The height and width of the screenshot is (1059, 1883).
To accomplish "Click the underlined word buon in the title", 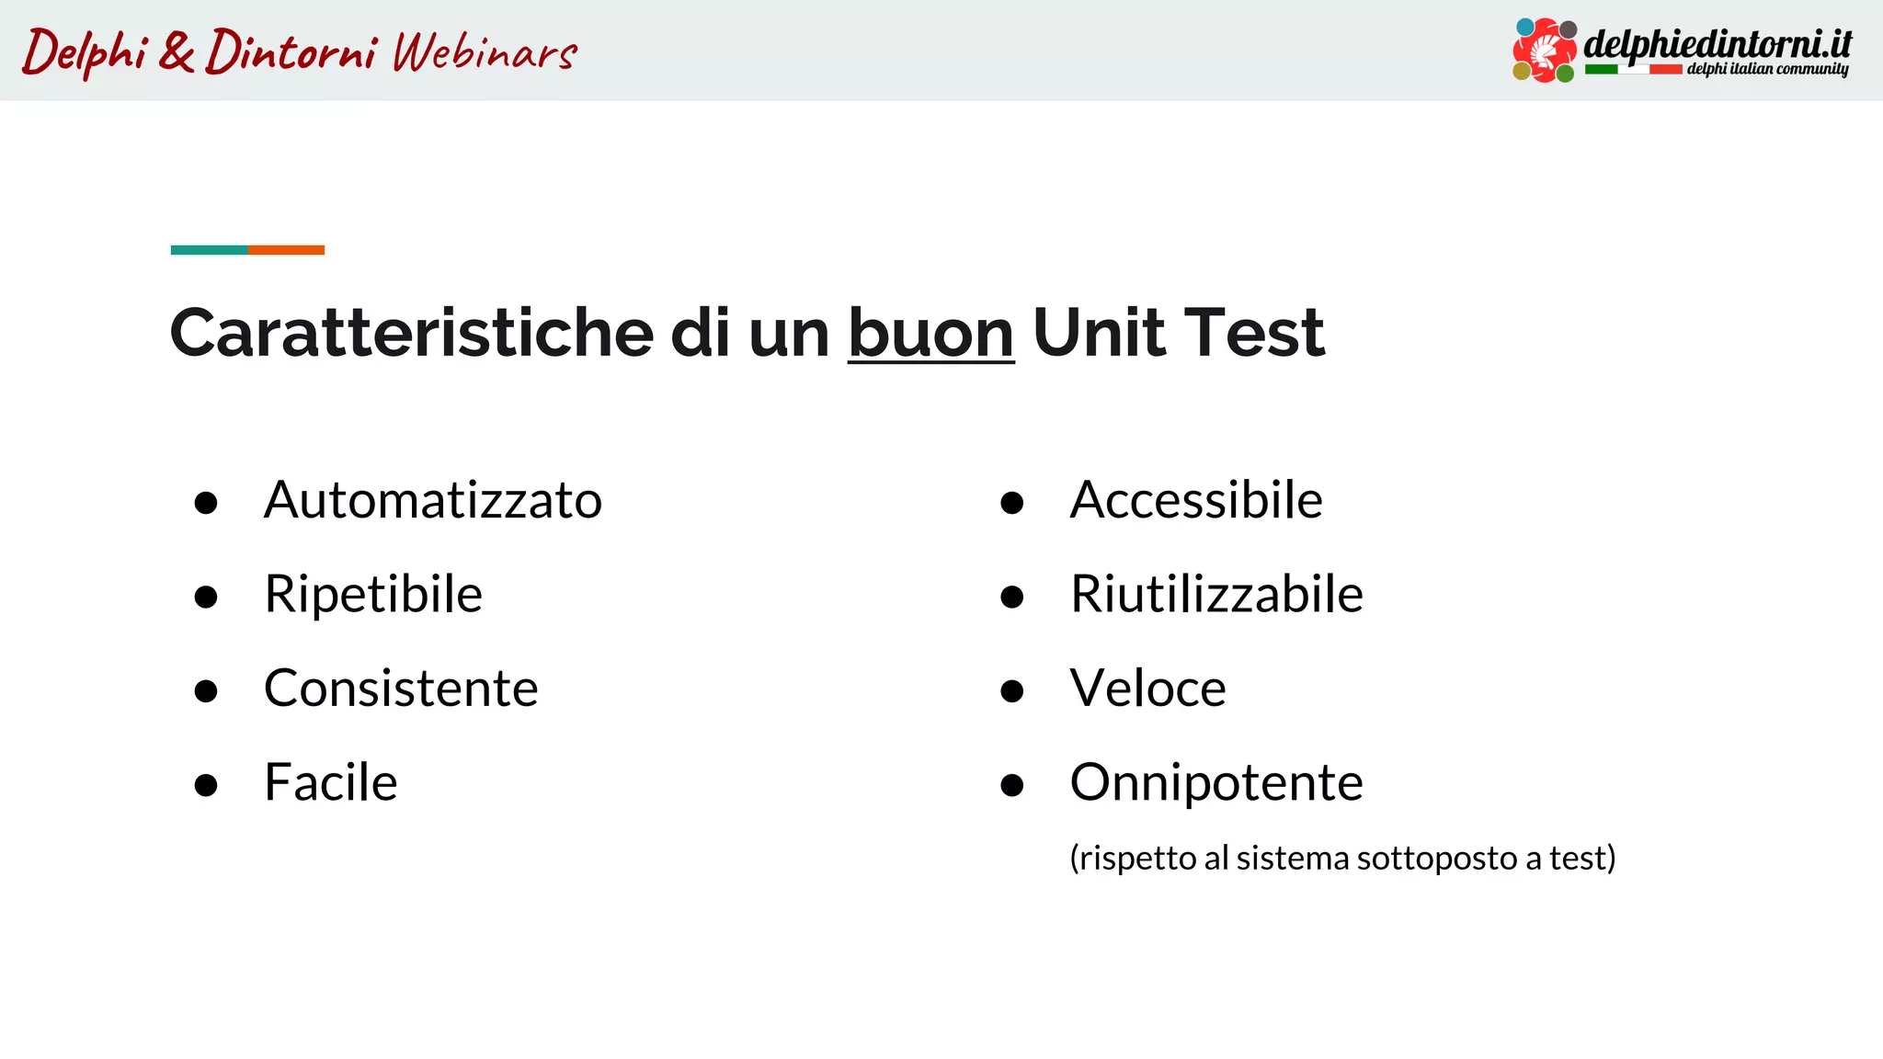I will click(930, 333).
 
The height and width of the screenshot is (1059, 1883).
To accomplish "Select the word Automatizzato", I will click(433, 501).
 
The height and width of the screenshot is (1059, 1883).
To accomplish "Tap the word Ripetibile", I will click(373, 595).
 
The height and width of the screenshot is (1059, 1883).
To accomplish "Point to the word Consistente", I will click(401, 689).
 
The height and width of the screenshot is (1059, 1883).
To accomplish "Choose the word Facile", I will click(331, 783).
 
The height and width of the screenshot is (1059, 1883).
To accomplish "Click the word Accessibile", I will click(1196, 501).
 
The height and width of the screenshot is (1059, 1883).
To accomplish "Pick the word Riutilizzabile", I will click(1216, 595).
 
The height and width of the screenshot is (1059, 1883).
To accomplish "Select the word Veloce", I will click(1147, 689).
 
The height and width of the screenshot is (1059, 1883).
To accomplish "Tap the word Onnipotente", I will click(1216, 783).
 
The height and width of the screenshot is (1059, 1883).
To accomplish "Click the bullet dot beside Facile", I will click(206, 785).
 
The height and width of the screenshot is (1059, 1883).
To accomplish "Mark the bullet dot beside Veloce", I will click(1012, 691).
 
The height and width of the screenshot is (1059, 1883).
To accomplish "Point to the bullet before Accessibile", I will click(1012, 503).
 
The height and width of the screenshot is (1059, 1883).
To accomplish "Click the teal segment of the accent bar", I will click(210, 250).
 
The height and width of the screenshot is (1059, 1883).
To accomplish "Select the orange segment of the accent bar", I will click(286, 250).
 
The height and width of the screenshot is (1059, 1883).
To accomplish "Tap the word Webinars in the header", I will click(485, 52).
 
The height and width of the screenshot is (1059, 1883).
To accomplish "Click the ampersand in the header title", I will click(176, 51).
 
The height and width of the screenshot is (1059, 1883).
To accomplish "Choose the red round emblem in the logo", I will click(1545, 51).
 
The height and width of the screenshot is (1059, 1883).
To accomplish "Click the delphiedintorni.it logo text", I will click(1717, 43).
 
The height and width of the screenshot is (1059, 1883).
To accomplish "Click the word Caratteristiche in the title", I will click(411, 333).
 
